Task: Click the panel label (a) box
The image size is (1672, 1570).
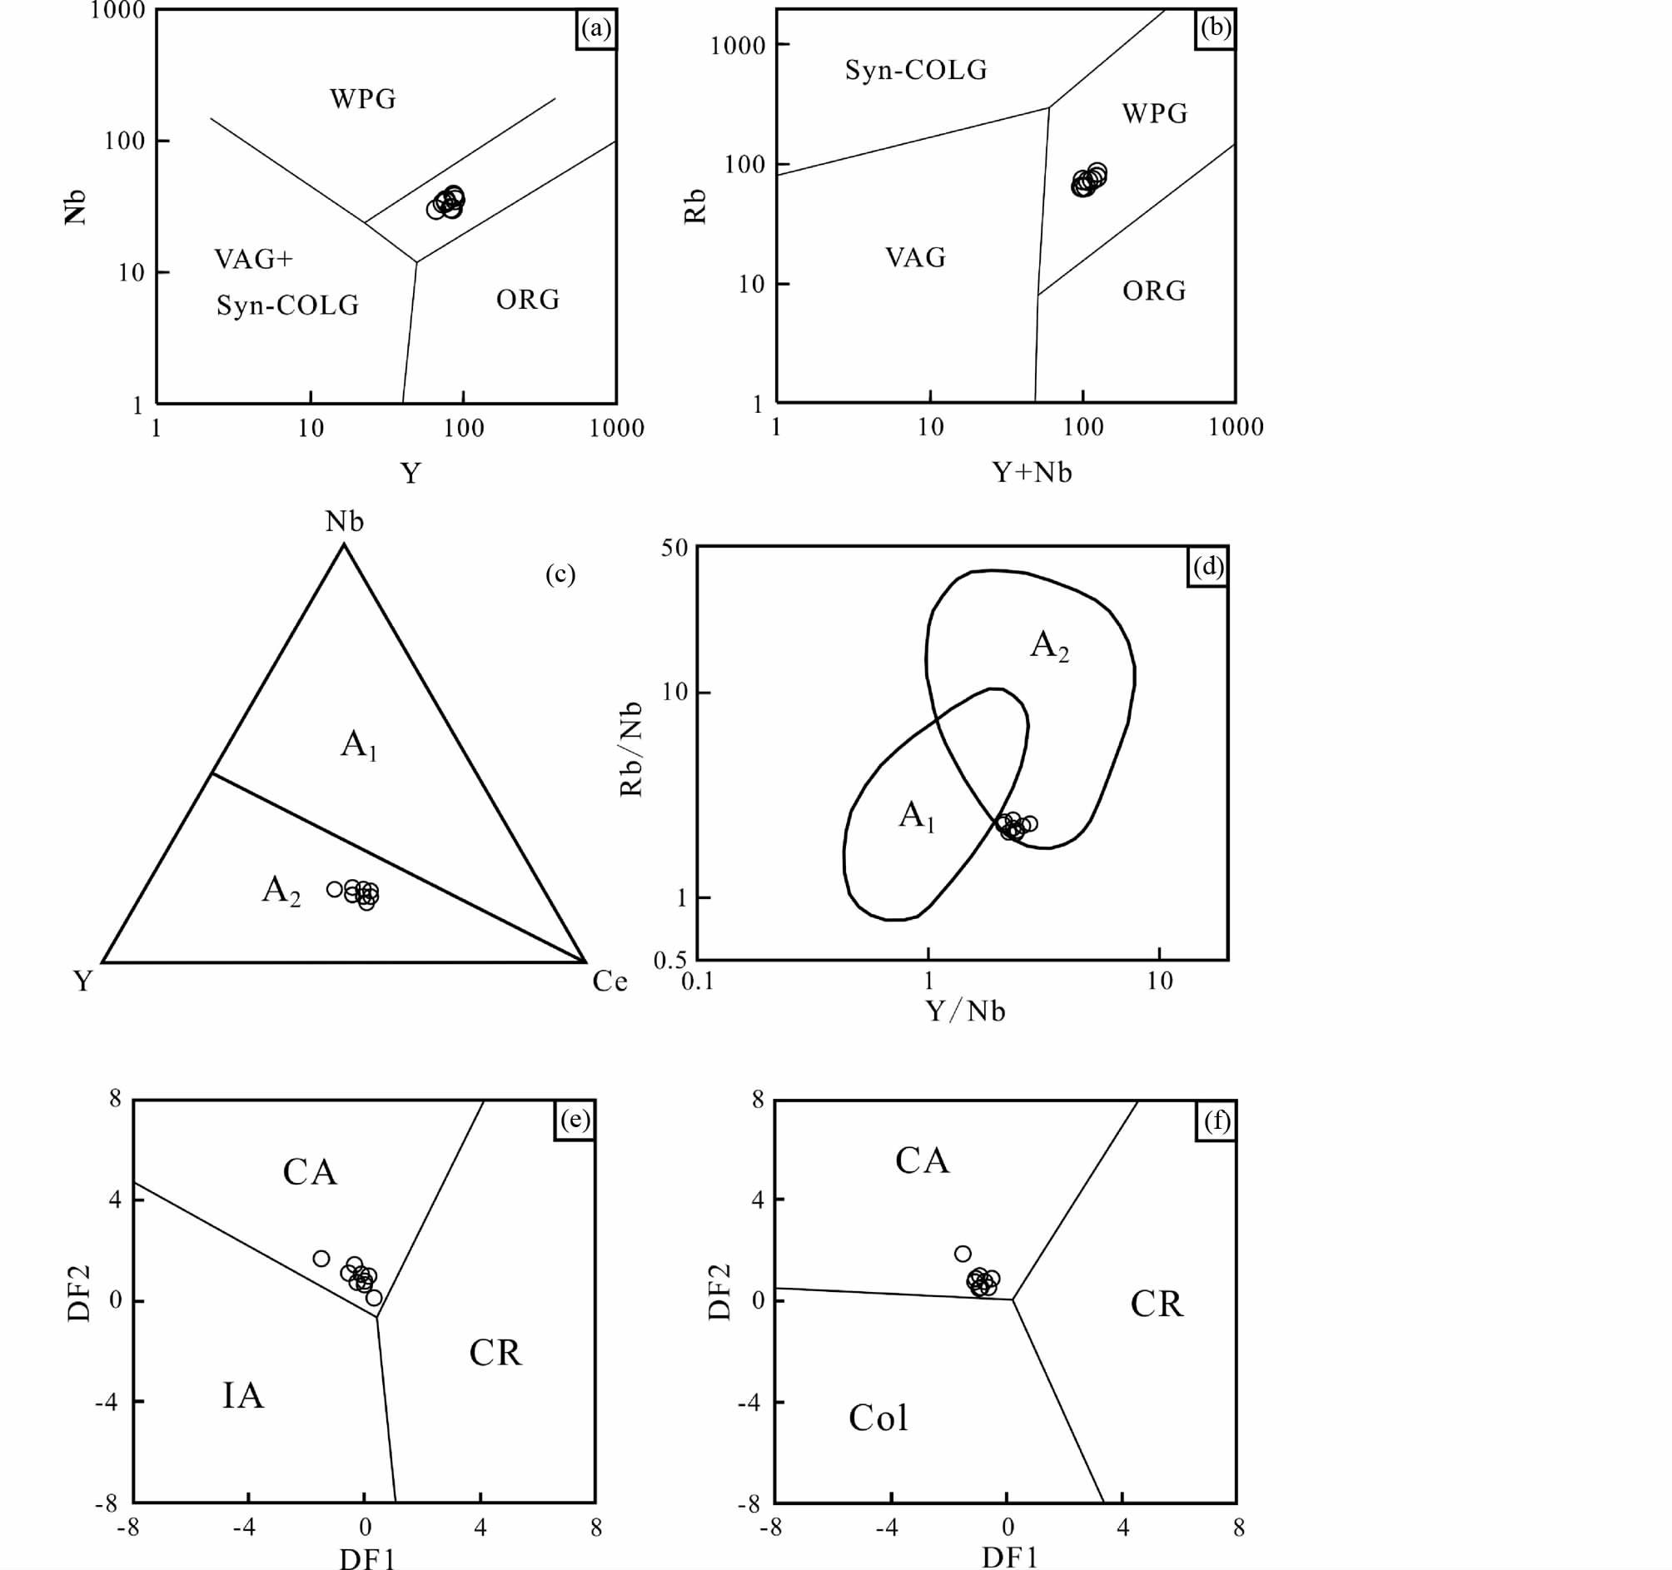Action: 596,29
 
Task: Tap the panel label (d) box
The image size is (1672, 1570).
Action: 1207,567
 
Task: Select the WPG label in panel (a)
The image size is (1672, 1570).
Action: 362,99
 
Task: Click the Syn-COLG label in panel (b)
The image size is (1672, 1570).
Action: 916,70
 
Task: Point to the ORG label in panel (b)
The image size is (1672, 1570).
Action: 1154,291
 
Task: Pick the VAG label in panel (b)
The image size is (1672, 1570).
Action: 915,257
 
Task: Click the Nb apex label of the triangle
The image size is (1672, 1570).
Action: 345,522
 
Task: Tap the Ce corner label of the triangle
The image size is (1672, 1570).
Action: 610,981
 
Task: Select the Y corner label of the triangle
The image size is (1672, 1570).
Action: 82,981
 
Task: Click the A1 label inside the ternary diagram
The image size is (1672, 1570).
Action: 358,745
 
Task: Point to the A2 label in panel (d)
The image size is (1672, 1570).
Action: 1050,646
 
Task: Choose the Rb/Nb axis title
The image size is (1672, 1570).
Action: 631,748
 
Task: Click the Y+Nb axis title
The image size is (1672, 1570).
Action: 1032,473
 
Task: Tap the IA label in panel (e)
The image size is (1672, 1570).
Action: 243,1396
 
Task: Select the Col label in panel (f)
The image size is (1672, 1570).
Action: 878,1418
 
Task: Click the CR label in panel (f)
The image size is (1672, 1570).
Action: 1157,1304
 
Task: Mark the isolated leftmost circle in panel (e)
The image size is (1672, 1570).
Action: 321,1259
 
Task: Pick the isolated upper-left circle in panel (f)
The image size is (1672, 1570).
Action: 963,1254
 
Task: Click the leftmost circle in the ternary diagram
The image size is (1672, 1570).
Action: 335,889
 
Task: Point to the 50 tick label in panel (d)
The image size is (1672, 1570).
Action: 674,549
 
